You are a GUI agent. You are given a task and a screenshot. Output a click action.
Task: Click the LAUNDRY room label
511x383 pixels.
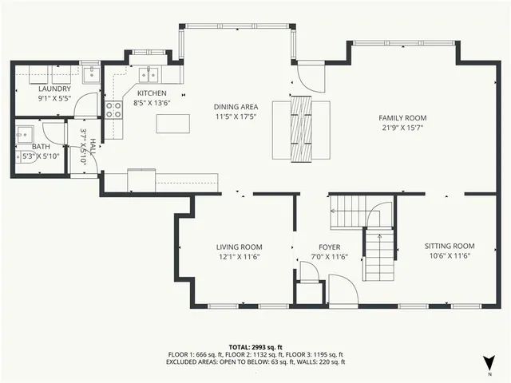pos(55,89)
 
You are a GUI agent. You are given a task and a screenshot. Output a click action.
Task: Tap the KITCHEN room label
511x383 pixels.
pos(151,93)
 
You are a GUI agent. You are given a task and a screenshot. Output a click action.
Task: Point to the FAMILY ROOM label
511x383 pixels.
pos(402,117)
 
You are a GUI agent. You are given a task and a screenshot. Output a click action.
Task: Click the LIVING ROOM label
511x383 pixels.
pos(239,247)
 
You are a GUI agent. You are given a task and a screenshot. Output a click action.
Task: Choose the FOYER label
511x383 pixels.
pos(329,247)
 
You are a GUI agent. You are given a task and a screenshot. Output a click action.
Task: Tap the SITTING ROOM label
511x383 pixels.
pos(450,246)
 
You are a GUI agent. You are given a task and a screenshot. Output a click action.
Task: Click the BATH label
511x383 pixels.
pos(42,147)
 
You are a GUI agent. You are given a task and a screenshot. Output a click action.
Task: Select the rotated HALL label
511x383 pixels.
pos(93,147)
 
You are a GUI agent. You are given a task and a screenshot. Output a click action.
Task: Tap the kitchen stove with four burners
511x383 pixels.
pos(115,109)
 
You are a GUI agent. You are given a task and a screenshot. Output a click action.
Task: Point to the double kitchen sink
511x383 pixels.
pos(149,75)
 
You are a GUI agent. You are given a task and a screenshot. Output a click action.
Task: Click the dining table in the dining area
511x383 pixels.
pos(301,128)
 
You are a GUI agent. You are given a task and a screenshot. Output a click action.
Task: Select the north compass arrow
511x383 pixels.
pos(489,361)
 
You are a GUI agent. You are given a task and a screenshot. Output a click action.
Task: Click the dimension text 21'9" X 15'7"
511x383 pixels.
pos(402,127)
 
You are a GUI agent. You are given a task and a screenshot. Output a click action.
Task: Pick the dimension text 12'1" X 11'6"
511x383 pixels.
pos(239,256)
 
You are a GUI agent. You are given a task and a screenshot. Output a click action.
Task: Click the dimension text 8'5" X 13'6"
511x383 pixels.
pos(151,103)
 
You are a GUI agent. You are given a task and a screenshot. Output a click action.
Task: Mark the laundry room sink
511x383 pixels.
pos(92,75)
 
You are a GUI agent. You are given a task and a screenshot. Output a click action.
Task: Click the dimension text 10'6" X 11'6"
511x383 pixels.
pos(450,255)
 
